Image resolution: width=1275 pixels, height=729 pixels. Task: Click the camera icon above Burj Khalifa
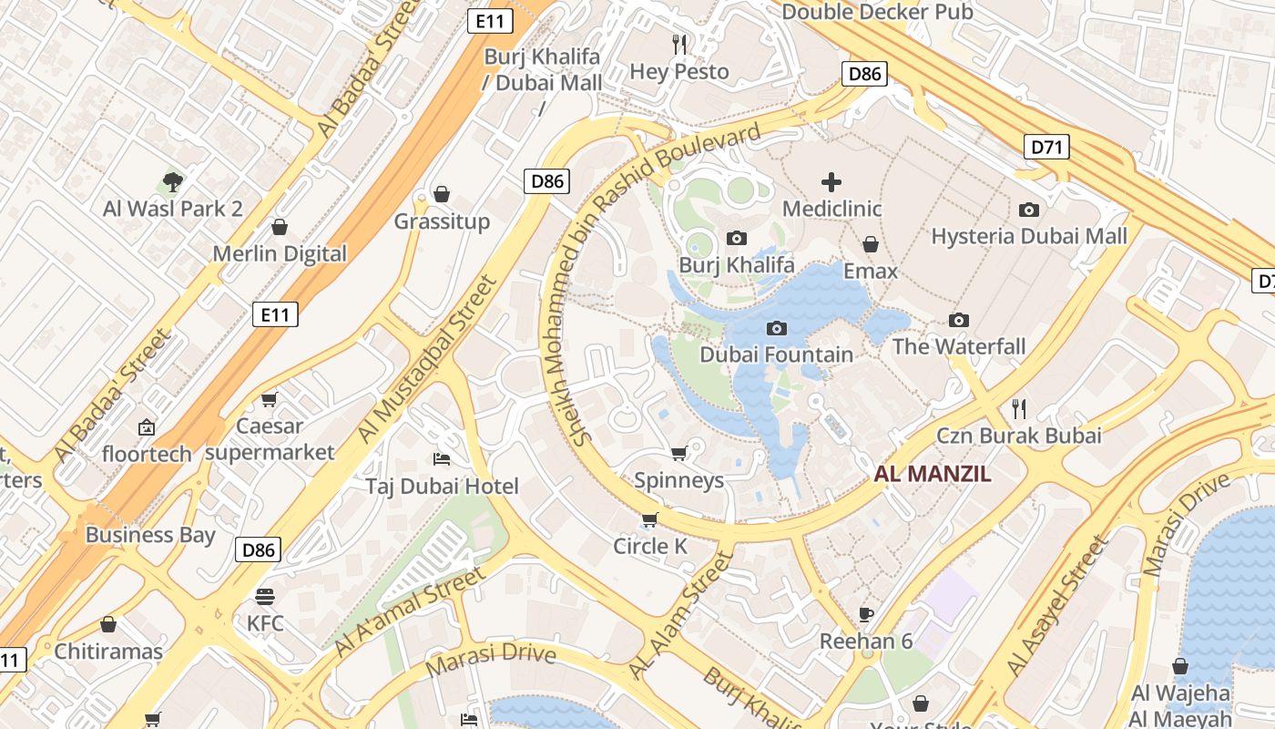click(737, 239)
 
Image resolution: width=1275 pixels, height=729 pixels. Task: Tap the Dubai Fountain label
click(776, 354)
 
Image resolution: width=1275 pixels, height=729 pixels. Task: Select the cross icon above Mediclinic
click(831, 182)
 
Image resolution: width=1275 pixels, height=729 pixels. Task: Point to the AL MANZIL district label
click(933, 474)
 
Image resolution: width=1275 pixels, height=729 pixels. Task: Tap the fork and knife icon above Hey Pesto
click(679, 44)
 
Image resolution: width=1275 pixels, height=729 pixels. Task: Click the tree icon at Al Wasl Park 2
click(172, 182)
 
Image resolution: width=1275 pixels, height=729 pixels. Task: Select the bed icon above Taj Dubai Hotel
click(442, 458)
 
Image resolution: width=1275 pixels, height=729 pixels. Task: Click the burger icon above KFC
click(265, 597)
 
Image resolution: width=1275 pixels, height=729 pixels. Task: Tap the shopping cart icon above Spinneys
click(678, 453)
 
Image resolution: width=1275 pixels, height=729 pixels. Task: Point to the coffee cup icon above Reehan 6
click(866, 614)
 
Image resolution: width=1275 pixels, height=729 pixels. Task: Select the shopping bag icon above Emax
click(871, 244)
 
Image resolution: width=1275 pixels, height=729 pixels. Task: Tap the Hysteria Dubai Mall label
click(1029, 237)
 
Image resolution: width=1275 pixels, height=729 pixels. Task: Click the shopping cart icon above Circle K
click(649, 519)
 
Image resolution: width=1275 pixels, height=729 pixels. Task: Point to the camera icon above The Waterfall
click(958, 320)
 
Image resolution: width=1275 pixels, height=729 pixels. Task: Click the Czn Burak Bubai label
click(1018, 436)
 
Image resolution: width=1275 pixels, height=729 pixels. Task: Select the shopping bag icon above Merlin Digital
click(280, 227)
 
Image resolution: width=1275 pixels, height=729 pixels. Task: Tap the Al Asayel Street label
click(1058, 606)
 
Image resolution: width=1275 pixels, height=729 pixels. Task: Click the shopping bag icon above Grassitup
click(442, 194)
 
